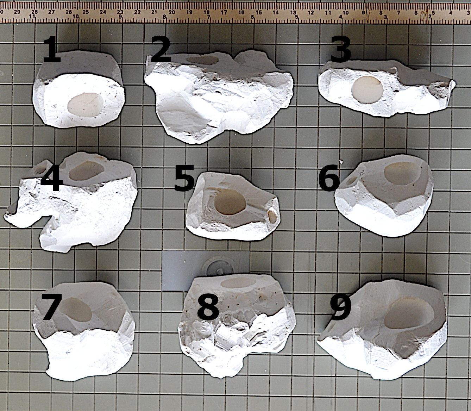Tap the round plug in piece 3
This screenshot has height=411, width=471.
click(368, 89)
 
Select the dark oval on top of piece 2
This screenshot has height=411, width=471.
click(202, 60)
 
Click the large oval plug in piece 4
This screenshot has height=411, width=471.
click(87, 170)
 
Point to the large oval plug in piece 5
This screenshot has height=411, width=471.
click(230, 202)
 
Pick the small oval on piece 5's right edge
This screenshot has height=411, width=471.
click(272, 217)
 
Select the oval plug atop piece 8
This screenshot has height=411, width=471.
click(239, 282)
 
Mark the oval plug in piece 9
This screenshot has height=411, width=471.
click(409, 317)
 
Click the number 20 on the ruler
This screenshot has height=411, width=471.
click(172, 12)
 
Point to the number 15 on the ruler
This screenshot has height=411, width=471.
click(258, 12)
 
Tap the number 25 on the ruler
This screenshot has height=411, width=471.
click(86, 12)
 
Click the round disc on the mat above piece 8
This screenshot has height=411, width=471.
click(219, 266)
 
